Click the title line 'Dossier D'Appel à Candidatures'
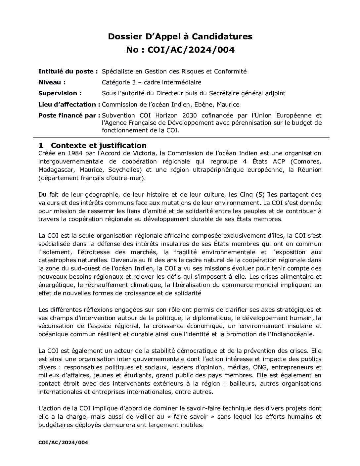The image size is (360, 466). tap(180, 36)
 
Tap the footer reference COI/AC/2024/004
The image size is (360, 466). tap(63, 443)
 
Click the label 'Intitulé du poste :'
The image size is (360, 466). tap(68, 71)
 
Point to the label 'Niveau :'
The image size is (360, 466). tap(52, 82)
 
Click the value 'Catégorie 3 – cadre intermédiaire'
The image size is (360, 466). tap(152, 82)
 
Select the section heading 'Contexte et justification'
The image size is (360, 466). tap(99, 145)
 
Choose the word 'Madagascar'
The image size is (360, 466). tap(55, 170)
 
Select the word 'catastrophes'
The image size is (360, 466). tap(56, 260)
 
